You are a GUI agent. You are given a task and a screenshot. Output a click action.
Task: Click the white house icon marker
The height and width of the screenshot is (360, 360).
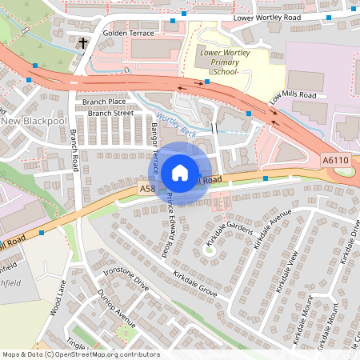[x=180, y=172]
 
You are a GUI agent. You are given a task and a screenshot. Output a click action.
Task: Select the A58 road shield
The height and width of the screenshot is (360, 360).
[x=146, y=189]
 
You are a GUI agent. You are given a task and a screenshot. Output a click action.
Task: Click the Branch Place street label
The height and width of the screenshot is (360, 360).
[x=104, y=102]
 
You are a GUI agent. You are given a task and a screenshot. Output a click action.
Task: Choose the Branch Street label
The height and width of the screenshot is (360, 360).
[x=110, y=114]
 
